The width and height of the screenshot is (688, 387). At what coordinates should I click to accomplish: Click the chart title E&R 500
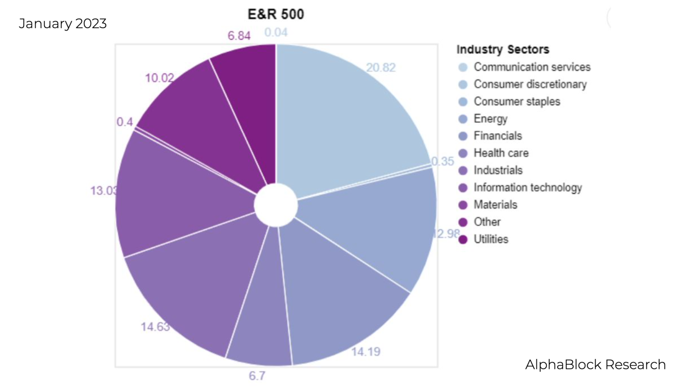[276, 14]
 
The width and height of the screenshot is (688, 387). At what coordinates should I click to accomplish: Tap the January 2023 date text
[62, 24]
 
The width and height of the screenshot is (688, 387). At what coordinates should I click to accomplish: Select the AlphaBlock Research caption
[595, 365]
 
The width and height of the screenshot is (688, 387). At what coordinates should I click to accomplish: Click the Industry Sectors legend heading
[503, 50]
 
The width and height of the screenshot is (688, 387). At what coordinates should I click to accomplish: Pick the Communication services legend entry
[532, 67]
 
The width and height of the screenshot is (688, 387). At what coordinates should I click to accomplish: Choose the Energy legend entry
[490, 119]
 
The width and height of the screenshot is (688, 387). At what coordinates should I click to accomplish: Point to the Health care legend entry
[501, 153]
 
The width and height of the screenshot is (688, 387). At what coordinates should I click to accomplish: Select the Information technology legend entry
[528, 187]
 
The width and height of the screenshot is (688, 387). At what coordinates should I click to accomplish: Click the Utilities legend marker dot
[463, 239]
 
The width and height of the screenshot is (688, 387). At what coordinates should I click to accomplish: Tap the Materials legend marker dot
[463, 205]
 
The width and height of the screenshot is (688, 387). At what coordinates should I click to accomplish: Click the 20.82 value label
[381, 68]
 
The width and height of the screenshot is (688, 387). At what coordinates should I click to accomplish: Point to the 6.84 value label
[239, 36]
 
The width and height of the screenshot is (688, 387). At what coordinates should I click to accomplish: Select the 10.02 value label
[160, 78]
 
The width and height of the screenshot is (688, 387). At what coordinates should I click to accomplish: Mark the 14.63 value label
[155, 327]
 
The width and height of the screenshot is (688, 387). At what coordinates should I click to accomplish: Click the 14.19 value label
[365, 352]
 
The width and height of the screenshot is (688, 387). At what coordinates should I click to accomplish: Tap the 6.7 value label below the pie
[257, 376]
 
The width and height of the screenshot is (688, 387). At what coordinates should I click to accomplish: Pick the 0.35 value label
[442, 162]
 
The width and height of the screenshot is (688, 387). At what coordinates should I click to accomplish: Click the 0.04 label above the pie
[276, 32]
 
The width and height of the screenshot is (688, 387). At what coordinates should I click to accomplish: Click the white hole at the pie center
[276, 205]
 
